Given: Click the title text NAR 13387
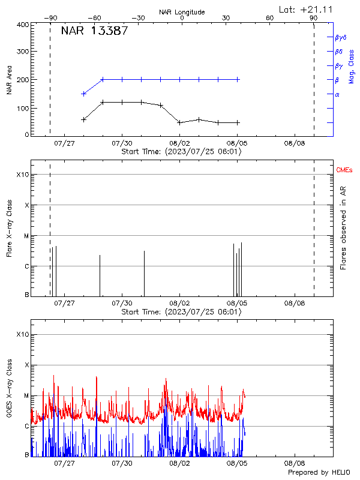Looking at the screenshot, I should pos(94,31).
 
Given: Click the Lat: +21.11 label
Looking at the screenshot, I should pos(307,8).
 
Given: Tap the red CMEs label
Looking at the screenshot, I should pos(344,170).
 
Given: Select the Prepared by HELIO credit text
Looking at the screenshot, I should pos(320,473).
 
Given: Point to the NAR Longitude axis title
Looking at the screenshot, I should pos(182,12).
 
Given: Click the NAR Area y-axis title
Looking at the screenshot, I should pos(9,80).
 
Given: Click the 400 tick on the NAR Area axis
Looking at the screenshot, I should pos(23,25).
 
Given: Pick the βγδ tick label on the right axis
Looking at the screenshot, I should pos(341,37).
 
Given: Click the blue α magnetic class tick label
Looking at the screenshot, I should pos(337,94).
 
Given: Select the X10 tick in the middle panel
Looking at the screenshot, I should pos(22,175).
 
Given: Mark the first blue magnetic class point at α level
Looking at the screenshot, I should pos(83,94).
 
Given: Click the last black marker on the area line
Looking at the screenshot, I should pos(238,122).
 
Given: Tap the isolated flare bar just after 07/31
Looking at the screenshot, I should pos(144,274).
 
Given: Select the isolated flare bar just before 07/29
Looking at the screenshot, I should pos(100,275).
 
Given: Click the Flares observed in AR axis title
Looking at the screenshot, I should pos(343,227).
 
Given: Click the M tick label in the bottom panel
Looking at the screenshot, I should pos(26,396).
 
